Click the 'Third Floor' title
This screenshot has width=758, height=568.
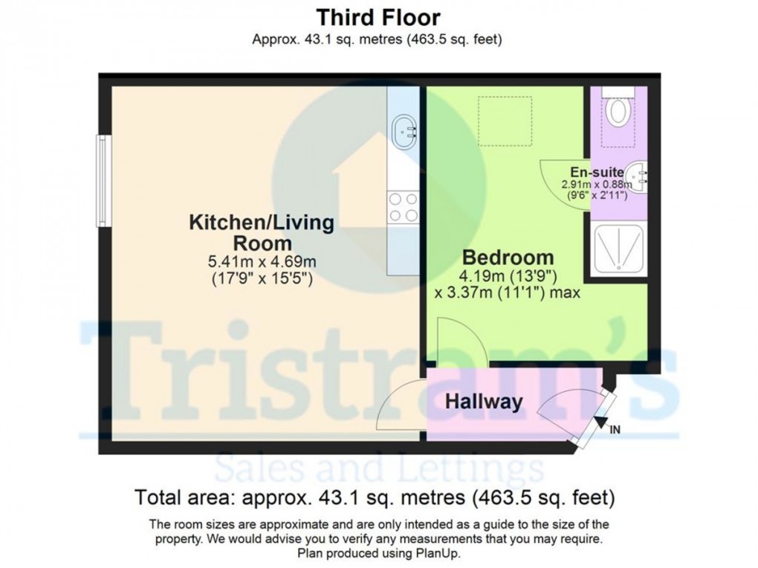point(378,18)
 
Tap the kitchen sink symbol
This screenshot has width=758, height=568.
point(404,131)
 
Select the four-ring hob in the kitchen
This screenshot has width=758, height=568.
point(404,206)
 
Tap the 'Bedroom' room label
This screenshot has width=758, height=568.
point(508,258)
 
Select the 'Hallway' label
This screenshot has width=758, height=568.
point(484,402)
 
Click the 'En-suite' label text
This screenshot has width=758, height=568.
point(597,172)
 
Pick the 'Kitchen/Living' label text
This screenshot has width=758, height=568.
point(262,223)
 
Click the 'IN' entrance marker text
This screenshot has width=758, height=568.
point(615,429)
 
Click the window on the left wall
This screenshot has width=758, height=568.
point(102,180)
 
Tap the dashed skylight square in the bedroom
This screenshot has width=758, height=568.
point(505,121)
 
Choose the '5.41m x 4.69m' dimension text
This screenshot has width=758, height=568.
point(262,262)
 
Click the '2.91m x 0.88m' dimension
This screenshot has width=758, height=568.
point(597,184)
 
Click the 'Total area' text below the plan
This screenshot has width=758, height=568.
point(186,497)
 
